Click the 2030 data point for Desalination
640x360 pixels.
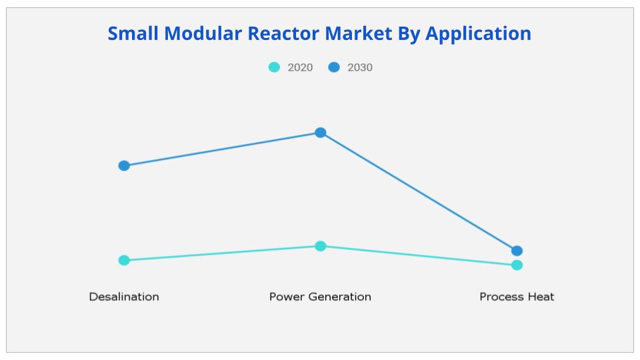(124, 165)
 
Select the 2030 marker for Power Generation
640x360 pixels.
(321, 133)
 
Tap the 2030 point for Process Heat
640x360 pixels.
(517, 251)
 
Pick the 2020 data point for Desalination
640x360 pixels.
(124, 260)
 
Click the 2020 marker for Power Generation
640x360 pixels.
(321, 246)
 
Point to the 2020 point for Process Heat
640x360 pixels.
(517, 265)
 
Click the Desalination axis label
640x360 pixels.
(124, 297)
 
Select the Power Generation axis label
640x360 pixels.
(320, 297)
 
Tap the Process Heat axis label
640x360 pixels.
(517, 297)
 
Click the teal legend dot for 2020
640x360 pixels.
(274, 67)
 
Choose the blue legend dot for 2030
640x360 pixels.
(334, 67)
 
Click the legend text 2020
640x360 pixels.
(300, 67)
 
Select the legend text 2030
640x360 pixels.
(360, 67)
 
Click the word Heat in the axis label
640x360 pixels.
(539, 297)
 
